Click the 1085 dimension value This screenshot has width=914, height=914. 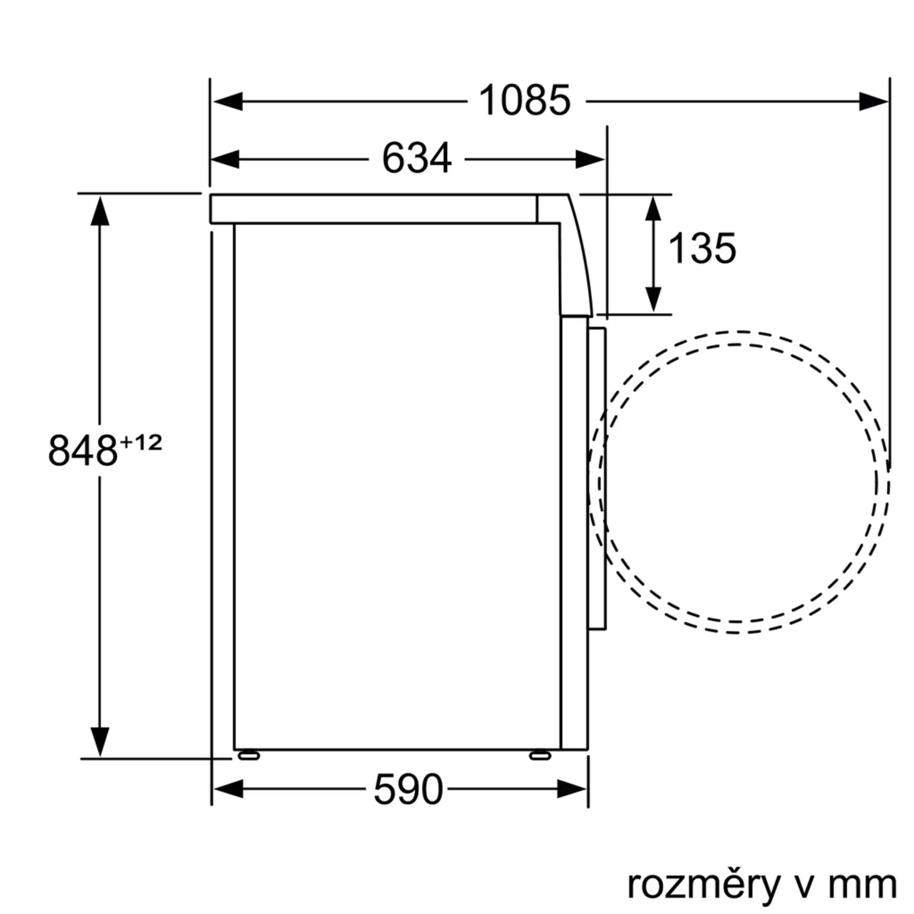tap(525, 100)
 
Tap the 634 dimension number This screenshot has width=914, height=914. tap(417, 159)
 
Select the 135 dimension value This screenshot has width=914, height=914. tap(701, 248)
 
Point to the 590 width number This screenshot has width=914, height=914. tap(408, 789)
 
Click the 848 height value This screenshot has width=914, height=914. tap(83, 451)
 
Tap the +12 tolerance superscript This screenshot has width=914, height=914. tap(141, 443)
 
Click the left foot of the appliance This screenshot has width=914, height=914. tap(249, 755)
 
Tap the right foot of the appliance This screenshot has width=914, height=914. tap(540, 755)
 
